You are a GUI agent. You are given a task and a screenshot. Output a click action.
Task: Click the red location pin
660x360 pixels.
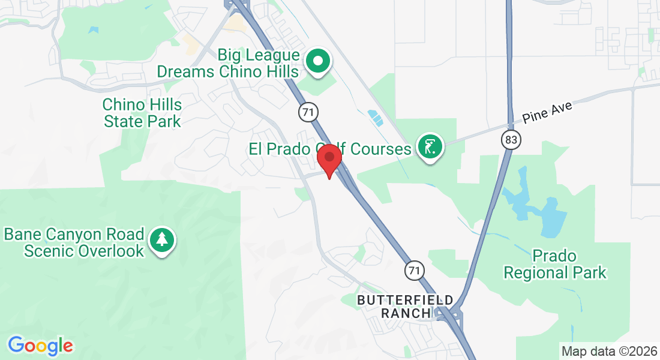(329, 159)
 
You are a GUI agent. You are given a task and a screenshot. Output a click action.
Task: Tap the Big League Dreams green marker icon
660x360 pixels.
(319, 61)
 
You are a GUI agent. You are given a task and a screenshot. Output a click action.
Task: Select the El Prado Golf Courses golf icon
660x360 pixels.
(430, 146)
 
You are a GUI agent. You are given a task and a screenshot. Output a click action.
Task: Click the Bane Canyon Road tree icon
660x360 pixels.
(162, 240)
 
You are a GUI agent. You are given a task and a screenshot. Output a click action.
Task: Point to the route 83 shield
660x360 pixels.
(511, 140)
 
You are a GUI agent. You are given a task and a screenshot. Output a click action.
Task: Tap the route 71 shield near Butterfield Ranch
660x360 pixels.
(413, 271)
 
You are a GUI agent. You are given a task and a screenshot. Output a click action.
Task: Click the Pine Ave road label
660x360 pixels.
(547, 112)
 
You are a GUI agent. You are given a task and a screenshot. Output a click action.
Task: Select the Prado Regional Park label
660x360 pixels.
(554, 265)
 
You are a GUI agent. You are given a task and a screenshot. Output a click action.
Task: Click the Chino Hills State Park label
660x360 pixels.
(142, 113)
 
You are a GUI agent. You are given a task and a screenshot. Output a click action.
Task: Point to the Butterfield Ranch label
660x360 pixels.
(406, 306)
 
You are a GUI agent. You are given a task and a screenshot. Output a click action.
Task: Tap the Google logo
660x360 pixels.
(40, 346)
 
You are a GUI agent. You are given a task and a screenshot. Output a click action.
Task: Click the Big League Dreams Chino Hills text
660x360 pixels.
(228, 64)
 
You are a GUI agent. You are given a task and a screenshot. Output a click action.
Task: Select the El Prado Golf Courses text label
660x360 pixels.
(330, 148)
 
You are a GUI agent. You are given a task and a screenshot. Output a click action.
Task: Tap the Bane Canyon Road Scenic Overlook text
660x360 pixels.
(74, 242)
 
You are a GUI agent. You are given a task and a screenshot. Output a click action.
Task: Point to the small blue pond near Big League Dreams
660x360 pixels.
(376, 118)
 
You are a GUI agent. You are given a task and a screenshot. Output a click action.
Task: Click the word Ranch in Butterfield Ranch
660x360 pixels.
(406, 313)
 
